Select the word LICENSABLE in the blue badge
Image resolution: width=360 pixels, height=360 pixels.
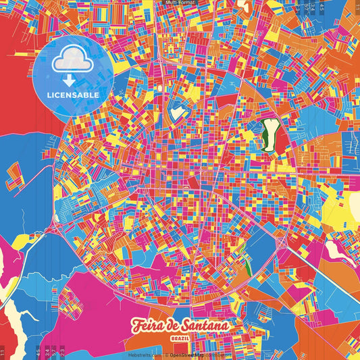point(73,95)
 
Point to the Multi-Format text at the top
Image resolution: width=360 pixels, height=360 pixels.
point(180,3)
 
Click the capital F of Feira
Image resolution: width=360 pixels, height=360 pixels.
point(138,326)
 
